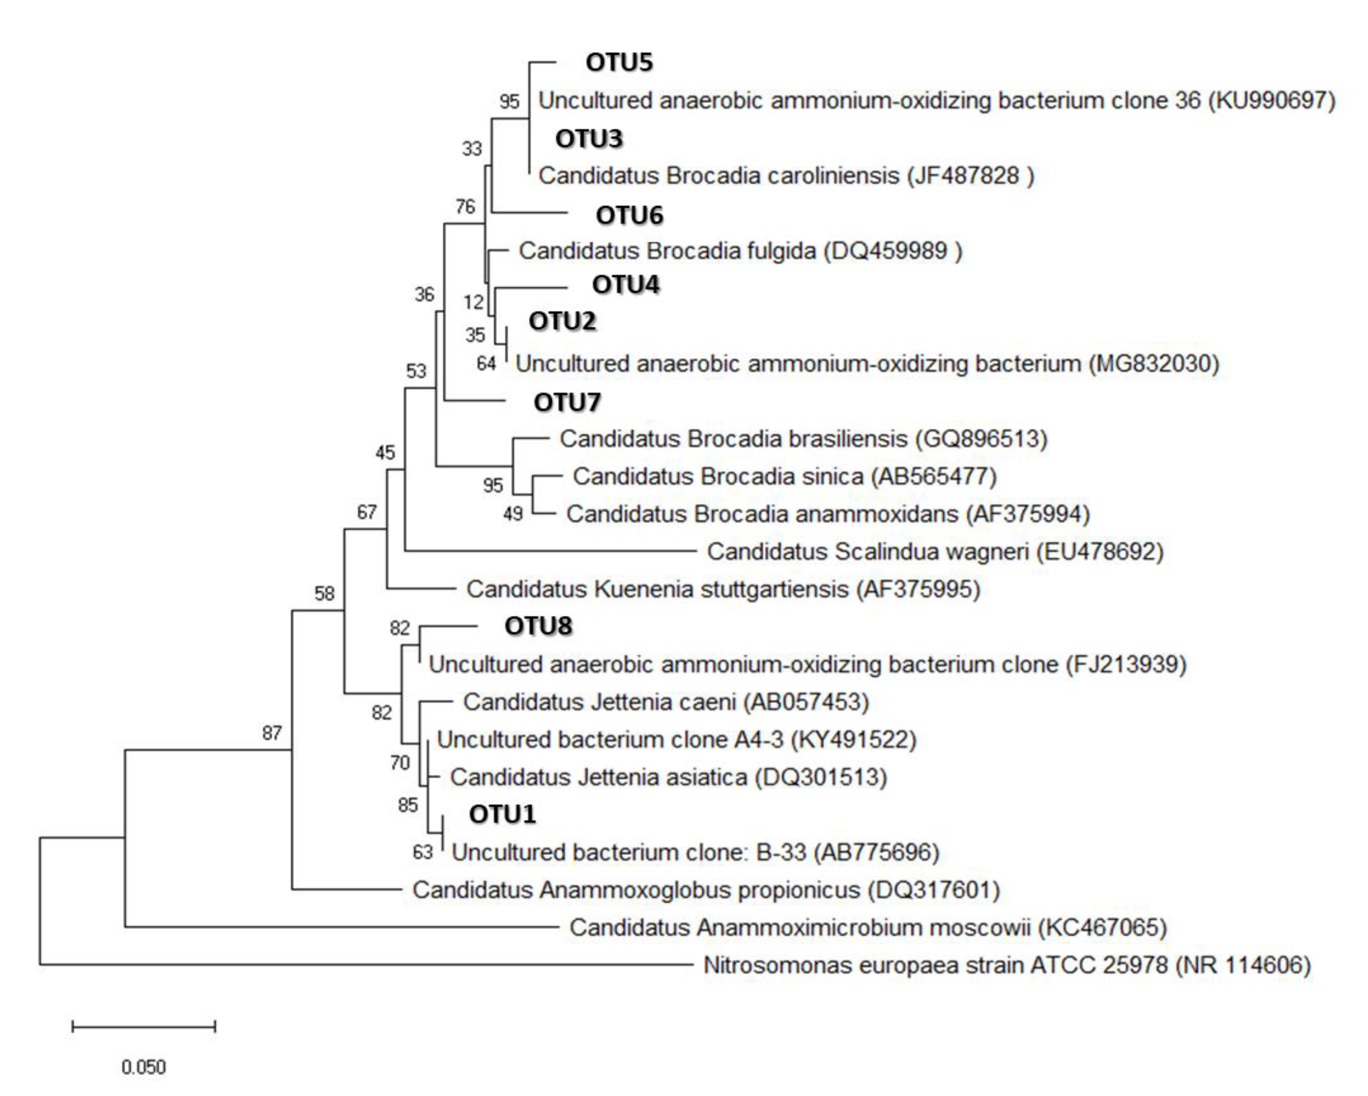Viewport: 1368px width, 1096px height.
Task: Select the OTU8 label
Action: (x=538, y=626)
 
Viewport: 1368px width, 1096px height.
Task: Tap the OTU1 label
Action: (x=502, y=814)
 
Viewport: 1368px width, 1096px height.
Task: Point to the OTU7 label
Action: (x=567, y=402)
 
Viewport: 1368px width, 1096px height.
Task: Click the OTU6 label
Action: (x=629, y=215)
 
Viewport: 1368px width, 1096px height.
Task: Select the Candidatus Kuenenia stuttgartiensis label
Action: (x=724, y=589)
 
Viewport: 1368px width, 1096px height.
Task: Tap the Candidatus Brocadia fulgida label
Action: (x=740, y=251)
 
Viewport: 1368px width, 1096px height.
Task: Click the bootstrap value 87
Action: (x=271, y=733)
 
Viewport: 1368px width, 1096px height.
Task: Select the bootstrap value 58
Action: (x=324, y=593)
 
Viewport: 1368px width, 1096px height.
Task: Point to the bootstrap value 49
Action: (x=513, y=514)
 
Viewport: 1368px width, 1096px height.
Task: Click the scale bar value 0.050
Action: (x=144, y=1067)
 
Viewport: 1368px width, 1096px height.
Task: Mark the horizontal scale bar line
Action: (x=144, y=1026)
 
